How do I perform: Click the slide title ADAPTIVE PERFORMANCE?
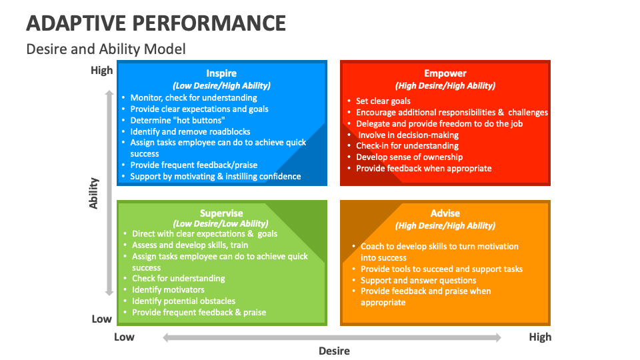pyautogui.click(x=156, y=23)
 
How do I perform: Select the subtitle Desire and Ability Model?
pyautogui.click(x=105, y=49)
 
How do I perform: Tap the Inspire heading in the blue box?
pyautogui.click(x=221, y=73)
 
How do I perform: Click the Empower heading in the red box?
pyautogui.click(x=445, y=73)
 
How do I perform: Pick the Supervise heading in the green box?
pyautogui.click(x=221, y=213)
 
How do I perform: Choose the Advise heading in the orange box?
pyautogui.click(x=445, y=213)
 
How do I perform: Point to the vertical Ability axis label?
pyautogui.click(x=94, y=193)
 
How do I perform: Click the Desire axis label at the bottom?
pyautogui.click(x=333, y=351)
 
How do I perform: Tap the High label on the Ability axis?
pyautogui.click(x=102, y=70)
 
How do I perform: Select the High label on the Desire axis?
pyautogui.click(x=540, y=337)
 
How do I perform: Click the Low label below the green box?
pyautogui.click(x=124, y=337)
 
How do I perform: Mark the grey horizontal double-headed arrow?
pyautogui.click(x=332, y=337)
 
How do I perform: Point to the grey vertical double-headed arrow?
pyautogui.click(x=109, y=193)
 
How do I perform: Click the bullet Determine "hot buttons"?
pyautogui.click(x=177, y=120)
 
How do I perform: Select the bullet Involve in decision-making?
pyautogui.click(x=408, y=135)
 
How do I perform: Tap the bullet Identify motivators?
pyautogui.click(x=168, y=290)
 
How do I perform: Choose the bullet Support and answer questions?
pyautogui.click(x=418, y=280)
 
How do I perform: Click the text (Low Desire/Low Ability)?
pyautogui.click(x=221, y=224)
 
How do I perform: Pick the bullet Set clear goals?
pyautogui.click(x=383, y=101)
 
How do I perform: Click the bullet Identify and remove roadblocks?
pyautogui.click(x=190, y=131)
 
